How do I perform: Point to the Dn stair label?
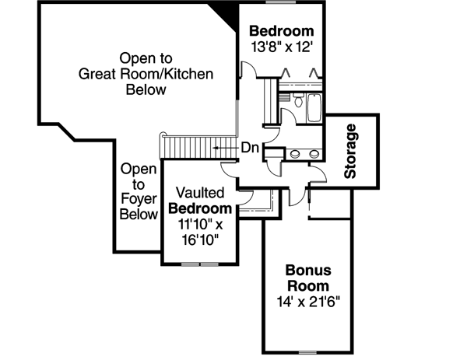pyautogui.click(x=250, y=147)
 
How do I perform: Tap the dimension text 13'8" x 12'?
pyautogui.click(x=282, y=47)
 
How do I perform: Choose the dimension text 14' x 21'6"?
pyautogui.click(x=308, y=300)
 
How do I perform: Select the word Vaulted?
pyautogui.click(x=201, y=192)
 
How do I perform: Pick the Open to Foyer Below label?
pyautogui.click(x=139, y=191)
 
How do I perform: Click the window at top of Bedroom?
pyautogui.click(x=281, y=3)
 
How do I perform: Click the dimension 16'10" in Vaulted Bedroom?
pyautogui.click(x=200, y=239)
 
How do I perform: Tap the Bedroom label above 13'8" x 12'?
pyautogui.click(x=282, y=31)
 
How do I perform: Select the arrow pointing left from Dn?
pyautogui.click(x=224, y=147)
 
